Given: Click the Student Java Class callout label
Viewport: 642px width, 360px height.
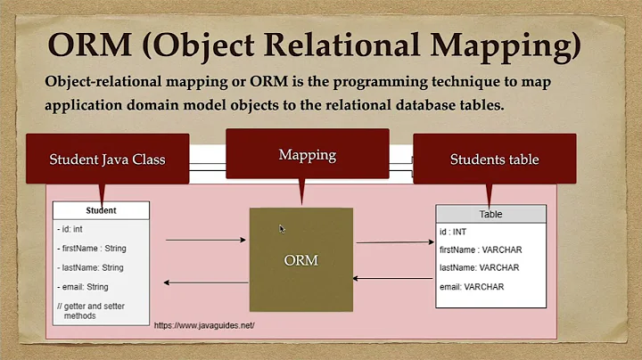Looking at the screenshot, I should pyautogui.click(x=107, y=159).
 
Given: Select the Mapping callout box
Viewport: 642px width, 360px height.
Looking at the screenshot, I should pyautogui.click(x=307, y=154).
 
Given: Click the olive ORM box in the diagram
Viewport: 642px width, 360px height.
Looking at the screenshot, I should pyautogui.click(x=300, y=259).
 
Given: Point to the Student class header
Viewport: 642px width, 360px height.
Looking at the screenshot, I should pyautogui.click(x=100, y=211).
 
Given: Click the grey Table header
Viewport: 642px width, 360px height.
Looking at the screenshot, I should pyautogui.click(x=490, y=214).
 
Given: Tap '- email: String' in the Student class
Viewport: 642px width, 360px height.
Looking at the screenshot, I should pyautogui.click(x=83, y=287).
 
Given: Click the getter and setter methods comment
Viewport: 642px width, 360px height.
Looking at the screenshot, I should pyautogui.click(x=87, y=310).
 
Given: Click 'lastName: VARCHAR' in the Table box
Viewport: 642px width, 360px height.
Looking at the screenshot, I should pyautogui.click(x=480, y=267).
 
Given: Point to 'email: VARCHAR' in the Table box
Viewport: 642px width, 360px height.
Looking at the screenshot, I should pyautogui.click(x=472, y=286).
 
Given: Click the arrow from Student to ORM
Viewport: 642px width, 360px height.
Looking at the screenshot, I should pyautogui.click(x=205, y=240).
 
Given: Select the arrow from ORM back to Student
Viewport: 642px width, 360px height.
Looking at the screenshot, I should pyautogui.click(x=205, y=283).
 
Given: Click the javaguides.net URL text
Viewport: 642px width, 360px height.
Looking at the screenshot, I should pyautogui.click(x=205, y=326).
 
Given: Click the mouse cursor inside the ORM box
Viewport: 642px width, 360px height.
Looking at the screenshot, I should pyautogui.click(x=282, y=229).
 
